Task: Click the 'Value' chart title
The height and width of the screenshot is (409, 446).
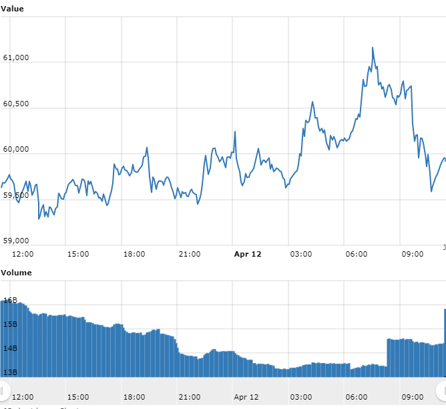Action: pos(13,7)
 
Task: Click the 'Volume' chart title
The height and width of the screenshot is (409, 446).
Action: pos(16,273)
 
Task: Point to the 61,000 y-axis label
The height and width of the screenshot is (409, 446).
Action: pos(16,58)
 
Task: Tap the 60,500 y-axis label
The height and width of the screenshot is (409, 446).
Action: pos(16,104)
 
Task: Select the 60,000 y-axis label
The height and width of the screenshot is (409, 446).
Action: pos(16,149)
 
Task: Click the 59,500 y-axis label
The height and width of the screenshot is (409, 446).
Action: pos(16,194)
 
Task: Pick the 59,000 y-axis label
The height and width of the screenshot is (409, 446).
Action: pos(16,240)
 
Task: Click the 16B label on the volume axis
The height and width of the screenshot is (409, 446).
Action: pos(9,301)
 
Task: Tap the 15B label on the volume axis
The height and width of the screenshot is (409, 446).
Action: pos(9,325)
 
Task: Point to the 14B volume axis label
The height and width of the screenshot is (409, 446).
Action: pos(9,349)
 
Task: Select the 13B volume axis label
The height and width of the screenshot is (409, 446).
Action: pos(9,372)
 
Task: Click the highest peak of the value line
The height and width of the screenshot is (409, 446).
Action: pos(373,47)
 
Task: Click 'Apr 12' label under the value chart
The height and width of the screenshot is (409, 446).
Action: pos(248,254)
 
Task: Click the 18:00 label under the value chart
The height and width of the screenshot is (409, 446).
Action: pos(134,254)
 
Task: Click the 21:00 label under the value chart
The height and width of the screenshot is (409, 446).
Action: pos(190,254)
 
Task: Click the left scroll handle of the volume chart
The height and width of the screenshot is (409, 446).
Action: pos(3,390)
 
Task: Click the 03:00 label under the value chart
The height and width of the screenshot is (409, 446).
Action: pos(301,254)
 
